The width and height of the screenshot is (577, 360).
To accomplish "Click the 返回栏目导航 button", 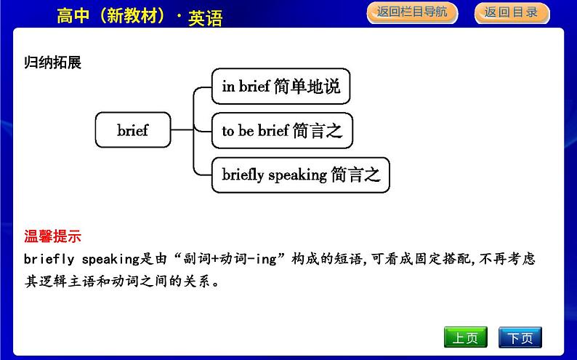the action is (412, 12).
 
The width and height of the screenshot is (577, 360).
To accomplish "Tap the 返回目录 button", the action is (512, 13).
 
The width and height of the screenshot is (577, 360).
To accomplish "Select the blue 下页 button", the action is (520, 337).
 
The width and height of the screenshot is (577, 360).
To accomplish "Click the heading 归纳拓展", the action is (52, 63).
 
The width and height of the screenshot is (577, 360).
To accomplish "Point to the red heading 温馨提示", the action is (52, 236).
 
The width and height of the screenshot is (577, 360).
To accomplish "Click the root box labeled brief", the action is (133, 130).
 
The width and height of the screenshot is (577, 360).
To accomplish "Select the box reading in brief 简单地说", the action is (281, 86).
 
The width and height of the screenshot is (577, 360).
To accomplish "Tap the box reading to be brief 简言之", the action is (282, 131).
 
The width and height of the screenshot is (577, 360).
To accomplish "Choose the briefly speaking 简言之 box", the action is (301, 175).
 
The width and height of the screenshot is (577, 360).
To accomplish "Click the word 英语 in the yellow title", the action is (206, 17).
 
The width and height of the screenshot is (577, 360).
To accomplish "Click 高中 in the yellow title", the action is (73, 16).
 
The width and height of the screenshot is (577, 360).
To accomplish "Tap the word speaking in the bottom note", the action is (110, 259).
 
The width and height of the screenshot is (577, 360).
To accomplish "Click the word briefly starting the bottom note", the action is (49, 259).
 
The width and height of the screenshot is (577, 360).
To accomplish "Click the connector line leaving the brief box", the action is (182, 129).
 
